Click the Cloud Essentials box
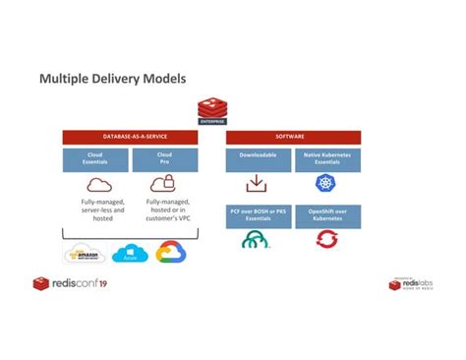[97, 159]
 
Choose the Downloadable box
[258, 159]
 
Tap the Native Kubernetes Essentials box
[326, 159]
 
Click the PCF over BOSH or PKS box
[258, 214]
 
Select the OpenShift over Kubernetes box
[326, 214]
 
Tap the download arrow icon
[258, 184]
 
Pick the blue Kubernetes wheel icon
[326, 184]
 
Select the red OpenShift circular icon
[326, 240]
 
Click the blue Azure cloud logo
[129, 254]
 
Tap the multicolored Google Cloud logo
[171, 253]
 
